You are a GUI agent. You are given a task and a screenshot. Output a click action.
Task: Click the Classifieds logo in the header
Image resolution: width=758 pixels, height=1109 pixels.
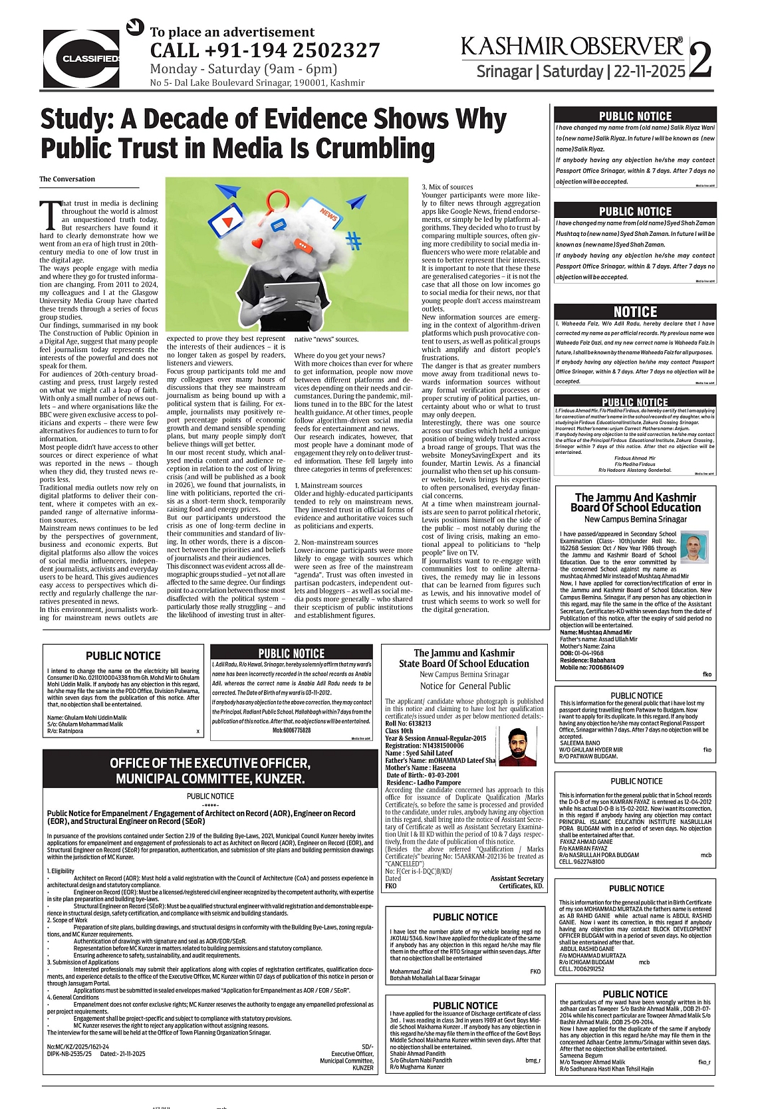[81, 58]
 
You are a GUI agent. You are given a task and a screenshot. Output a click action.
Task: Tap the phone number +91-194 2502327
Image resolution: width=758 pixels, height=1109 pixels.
[265, 50]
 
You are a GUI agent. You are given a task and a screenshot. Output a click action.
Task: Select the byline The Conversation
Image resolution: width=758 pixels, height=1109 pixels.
[67, 179]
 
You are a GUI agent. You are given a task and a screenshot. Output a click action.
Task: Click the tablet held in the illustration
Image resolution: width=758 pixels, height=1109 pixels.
[292, 296]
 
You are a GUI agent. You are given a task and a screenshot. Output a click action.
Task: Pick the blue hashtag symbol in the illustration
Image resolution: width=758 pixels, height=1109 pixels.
[354, 241]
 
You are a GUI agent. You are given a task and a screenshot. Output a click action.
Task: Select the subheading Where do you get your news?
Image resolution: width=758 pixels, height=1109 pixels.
[340, 355]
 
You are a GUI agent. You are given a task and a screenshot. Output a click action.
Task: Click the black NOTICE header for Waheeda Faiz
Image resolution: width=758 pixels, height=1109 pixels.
[635, 312]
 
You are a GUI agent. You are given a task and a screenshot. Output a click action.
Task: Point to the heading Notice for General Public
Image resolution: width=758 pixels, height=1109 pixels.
[465, 686]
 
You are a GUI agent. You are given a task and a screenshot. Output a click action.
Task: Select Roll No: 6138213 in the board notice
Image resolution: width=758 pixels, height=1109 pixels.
[408, 724]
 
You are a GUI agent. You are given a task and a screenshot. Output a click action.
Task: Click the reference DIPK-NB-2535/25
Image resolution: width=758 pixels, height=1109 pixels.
[69, 1054]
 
